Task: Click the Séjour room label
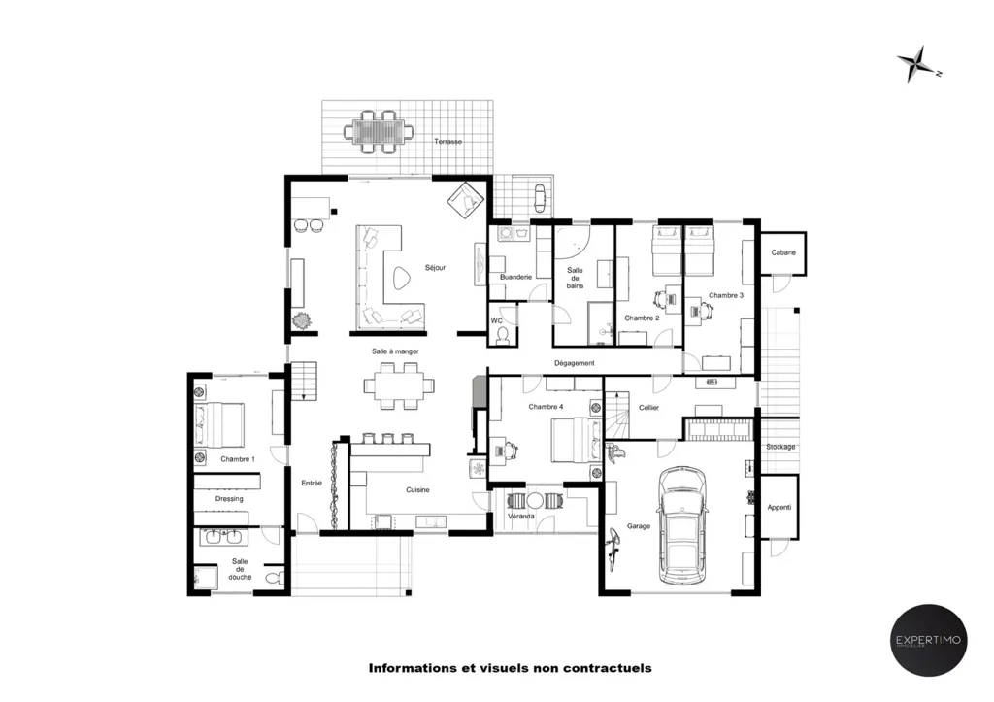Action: point(435,268)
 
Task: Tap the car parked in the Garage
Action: point(681,525)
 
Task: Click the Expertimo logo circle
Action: point(929,641)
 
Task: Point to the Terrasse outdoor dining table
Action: point(379,132)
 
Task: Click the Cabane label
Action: point(783,252)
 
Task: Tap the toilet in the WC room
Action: point(503,335)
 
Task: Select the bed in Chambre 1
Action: point(219,424)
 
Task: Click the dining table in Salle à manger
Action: point(399,385)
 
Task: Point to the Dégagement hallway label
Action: point(575,363)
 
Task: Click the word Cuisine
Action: point(417,489)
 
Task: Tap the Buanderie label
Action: point(515,277)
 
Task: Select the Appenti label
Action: point(779,507)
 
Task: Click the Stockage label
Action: point(780,447)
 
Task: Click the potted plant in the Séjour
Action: point(303,320)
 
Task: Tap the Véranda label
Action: point(521,517)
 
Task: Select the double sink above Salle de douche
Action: point(223,537)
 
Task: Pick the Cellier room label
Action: point(648,408)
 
